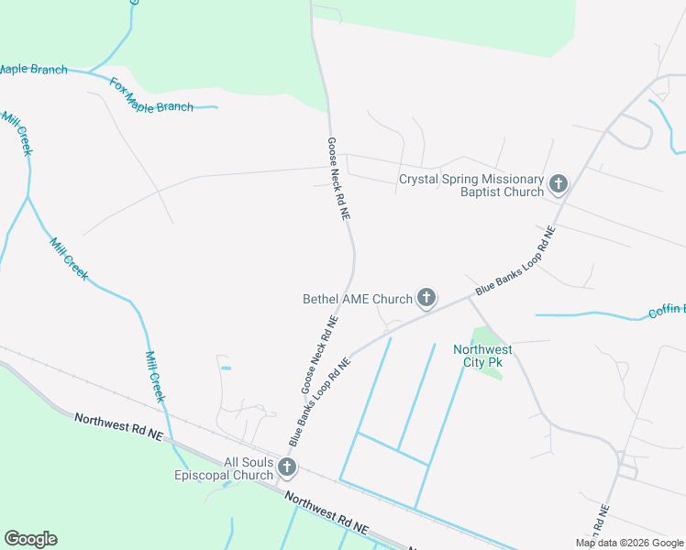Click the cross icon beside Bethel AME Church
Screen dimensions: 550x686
coord(426,297)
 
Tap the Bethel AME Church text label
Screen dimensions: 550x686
coord(358,299)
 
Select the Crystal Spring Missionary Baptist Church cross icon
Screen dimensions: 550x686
coord(558,185)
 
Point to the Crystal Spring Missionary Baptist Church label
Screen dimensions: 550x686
coord(471,186)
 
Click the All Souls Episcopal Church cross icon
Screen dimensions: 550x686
coord(287,468)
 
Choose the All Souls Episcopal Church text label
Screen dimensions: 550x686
coord(225,468)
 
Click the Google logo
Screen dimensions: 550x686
coord(30,539)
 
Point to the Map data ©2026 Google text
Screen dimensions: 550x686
coord(629,543)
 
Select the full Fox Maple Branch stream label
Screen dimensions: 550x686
coord(152,95)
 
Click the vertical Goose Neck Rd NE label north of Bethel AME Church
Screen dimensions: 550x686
coord(338,179)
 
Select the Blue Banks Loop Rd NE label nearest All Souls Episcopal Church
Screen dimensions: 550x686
coord(320,401)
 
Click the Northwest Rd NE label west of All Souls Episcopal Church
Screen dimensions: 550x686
coord(117,427)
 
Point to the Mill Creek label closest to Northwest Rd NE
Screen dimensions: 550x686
coord(155,376)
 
